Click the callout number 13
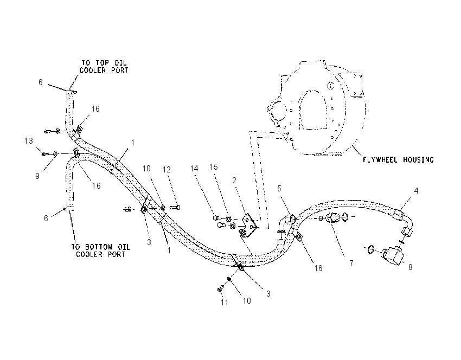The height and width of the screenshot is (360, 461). pyautogui.click(x=29, y=141)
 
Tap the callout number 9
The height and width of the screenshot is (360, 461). pyautogui.click(x=37, y=176)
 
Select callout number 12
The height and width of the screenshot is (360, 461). pyautogui.click(x=167, y=170)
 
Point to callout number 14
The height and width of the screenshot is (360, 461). pyautogui.click(x=194, y=169)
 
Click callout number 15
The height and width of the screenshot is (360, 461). pyautogui.click(x=214, y=167)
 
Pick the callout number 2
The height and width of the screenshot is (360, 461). pyautogui.click(x=234, y=181)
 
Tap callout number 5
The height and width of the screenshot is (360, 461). pyautogui.click(x=279, y=188)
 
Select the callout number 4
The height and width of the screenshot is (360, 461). pyautogui.click(x=416, y=191)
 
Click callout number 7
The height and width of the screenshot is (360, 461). pyautogui.click(x=351, y=263)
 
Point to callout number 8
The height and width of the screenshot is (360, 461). pyautogui.click(x=411, y=267)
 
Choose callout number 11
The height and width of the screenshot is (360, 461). pyautogui.click(x=225, y=302)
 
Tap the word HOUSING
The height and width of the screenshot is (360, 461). pyautogui.click(x=418, y=159)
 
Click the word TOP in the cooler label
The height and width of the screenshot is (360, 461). pyautogui.click(x=103, y=62)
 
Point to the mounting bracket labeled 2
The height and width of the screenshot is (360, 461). pyautogui.click(x=249, y=223)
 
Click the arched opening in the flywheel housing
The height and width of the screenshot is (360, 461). pyautogui.click(x=313, y=110)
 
